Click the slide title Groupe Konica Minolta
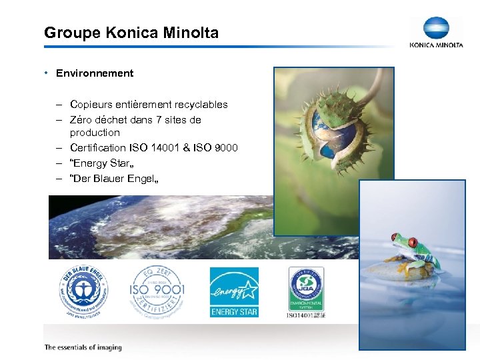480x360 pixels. coord(131,32)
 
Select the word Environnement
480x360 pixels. coord(95,73)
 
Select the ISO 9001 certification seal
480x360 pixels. coord(157,291)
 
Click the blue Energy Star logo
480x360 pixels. coord(234,292)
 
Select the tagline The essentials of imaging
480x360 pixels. coord(83,347)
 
